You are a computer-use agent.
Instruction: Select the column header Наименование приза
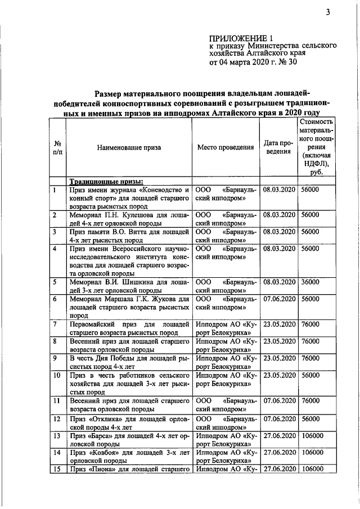(129, 147)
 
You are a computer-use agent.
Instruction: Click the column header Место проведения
(225, 147)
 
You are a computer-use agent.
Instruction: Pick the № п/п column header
(57, 147)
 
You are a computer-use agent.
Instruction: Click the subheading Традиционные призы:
(106, 181)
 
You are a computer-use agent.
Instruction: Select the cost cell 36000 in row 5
(310, 282)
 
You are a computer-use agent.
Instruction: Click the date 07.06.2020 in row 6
(279, 299)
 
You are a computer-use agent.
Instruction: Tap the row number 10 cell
(57, 375)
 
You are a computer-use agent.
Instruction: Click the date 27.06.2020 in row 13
(279, 436)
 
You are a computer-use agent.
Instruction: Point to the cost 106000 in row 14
(312, 453)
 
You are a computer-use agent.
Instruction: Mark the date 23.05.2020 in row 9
(279, 358)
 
